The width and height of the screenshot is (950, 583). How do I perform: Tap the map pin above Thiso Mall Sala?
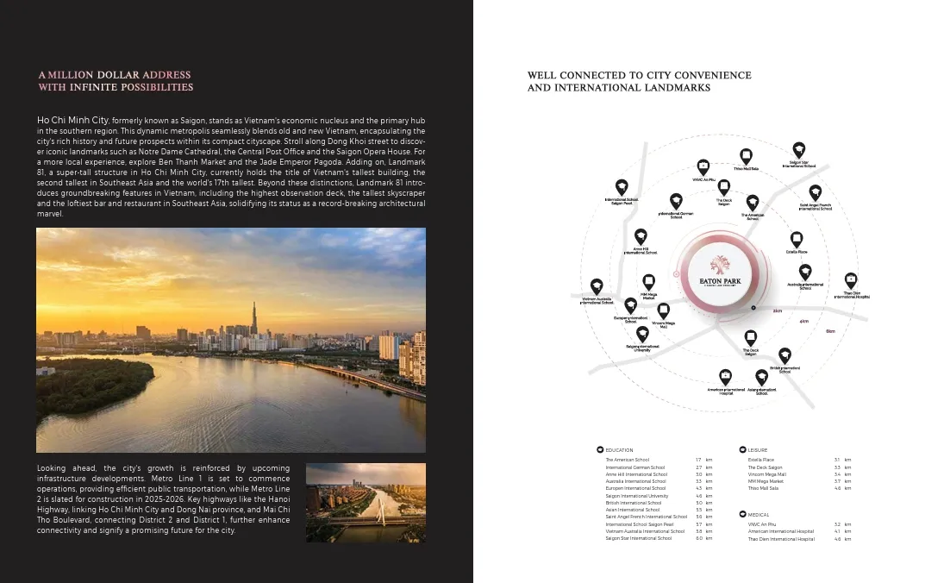point(746,156)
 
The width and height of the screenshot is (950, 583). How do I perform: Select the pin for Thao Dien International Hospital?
point(850,280)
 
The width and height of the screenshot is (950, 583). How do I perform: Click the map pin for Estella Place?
point(797,239)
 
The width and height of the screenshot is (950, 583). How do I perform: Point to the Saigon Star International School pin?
point(799,149)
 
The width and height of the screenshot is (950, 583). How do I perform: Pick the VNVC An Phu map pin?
point(703,166)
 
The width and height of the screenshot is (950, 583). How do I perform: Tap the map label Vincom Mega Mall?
point(664,325)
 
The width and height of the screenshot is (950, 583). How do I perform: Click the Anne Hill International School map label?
point(641,251)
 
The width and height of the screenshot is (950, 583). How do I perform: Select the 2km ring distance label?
point(778,310)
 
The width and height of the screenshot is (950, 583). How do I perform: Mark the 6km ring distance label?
point(830,331)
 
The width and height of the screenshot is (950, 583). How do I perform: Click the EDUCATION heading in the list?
point(619,450)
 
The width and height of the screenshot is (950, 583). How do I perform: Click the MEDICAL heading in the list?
point(759,515)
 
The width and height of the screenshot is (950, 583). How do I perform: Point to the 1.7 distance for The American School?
point(698,461)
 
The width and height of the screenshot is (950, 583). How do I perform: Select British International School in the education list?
point(634,503)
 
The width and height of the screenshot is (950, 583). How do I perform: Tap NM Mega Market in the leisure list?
point(766,481)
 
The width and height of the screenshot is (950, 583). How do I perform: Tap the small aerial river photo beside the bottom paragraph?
point(366,503)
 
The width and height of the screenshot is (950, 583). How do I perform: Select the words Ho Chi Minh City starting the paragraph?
point(72,119)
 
